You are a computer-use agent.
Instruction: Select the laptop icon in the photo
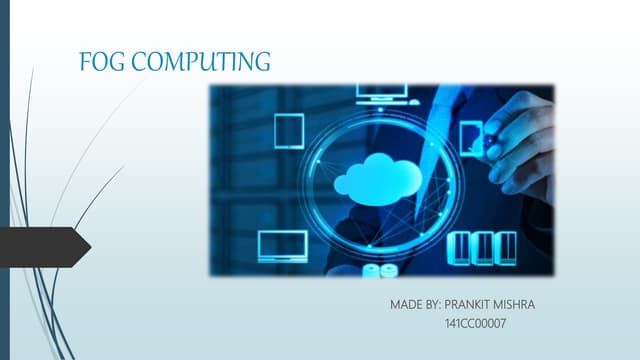[281, 244]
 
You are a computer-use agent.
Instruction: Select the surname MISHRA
[516, 303]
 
